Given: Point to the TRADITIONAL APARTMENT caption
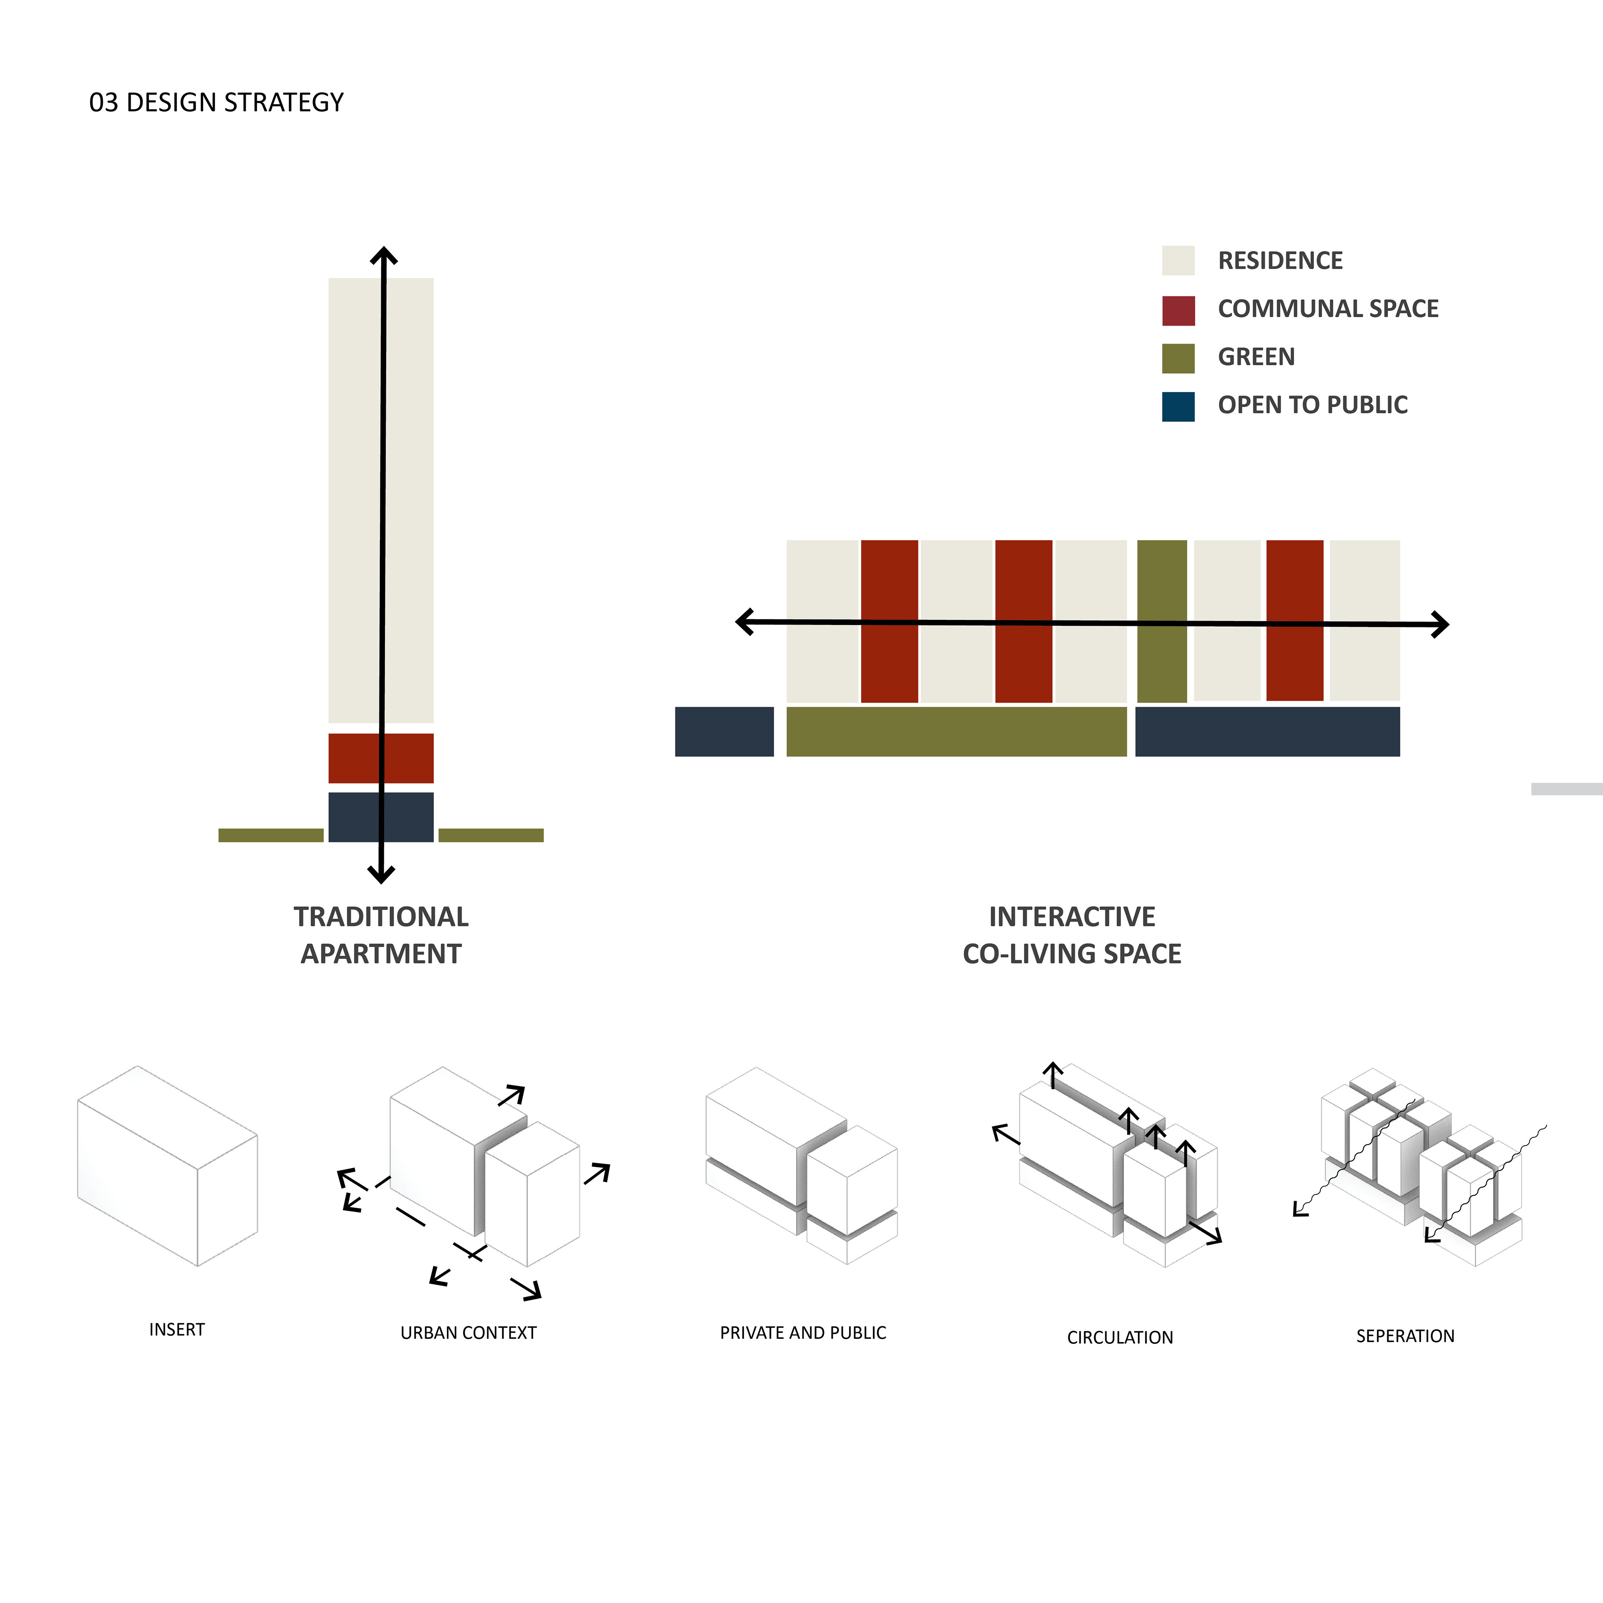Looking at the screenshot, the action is (x=381, y=935).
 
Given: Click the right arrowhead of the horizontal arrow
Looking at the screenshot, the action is (x=1442, y=624).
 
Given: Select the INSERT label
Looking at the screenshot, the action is (x=177, y=1329).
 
